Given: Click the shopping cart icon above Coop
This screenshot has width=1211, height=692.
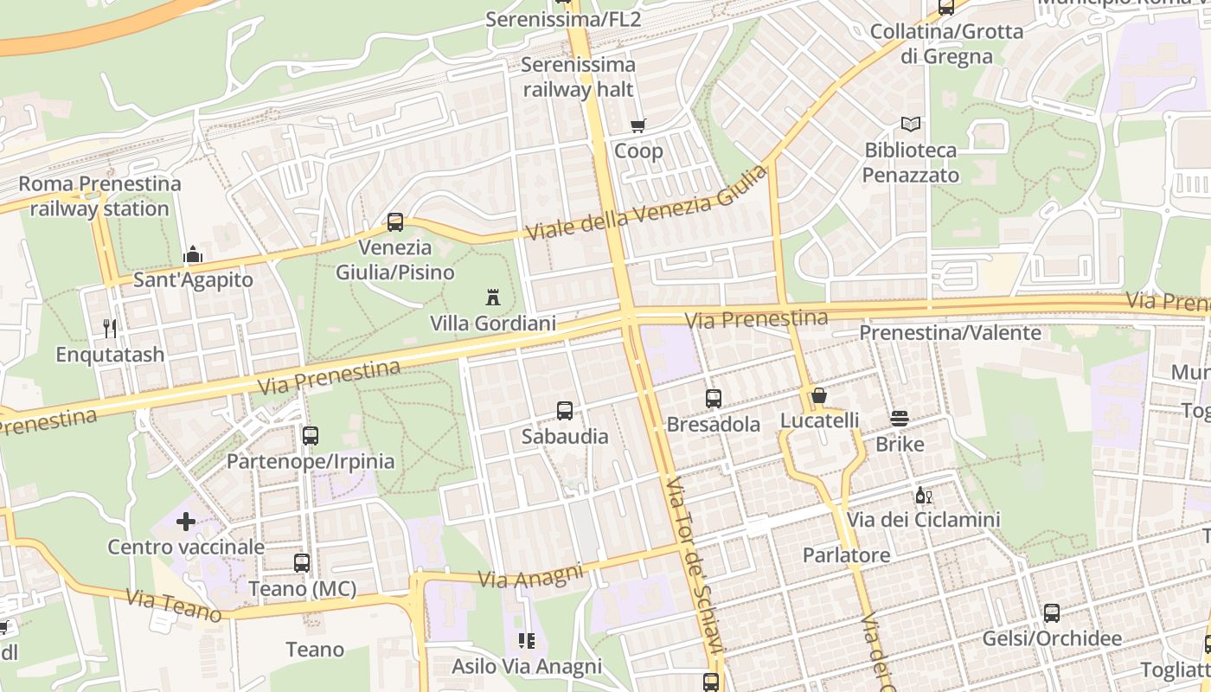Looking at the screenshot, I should pos(638,126).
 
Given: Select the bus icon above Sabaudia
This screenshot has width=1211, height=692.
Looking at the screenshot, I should pos(565,411).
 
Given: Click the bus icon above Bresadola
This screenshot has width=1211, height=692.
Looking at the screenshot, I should pos(714,399).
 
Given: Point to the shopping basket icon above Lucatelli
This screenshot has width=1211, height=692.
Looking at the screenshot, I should pos(819,395).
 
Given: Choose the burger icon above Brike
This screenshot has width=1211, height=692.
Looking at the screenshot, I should pos(900,419).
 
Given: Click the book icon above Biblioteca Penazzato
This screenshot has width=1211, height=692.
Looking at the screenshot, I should pos(911,125).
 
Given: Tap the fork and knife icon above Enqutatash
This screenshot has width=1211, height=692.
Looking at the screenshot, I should pos(110,329).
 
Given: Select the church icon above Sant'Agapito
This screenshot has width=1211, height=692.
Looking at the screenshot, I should pos(192,254).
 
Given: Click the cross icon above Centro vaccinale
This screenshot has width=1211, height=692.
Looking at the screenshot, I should pos(186,522).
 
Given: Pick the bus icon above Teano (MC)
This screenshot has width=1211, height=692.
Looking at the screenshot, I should pos(302,563).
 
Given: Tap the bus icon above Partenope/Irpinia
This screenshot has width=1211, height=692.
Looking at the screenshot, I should pos(311,436).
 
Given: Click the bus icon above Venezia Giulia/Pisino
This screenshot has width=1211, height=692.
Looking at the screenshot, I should pos(395,222).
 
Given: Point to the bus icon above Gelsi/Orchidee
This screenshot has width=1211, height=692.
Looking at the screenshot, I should pos(1052,613).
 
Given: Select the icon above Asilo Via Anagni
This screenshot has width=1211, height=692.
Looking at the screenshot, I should pos(526,641).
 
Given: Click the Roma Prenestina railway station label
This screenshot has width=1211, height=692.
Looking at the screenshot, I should pos(99,196).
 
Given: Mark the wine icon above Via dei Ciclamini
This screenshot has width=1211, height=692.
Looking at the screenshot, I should pos(923,496).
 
